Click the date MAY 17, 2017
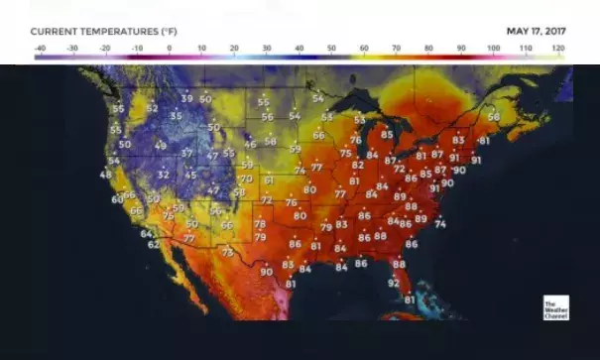[x=535, y=31]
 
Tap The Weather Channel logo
[x=555, y=307]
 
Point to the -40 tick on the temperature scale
[x=40, y=48]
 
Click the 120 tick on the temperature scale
[x=558, y=48]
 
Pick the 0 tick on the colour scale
[x=169, y=48]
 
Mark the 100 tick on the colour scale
[x=493, y=48]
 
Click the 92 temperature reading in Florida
[x=394, y=283]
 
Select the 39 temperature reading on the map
[x=186, y=98]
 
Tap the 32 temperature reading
[x=164, y=175]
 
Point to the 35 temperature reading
[x=177, y=116]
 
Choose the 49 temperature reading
[x=161, y=146]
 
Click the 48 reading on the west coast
[x=106, y=175]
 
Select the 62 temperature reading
[x=154, y=244]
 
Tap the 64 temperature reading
[x=146, y=234]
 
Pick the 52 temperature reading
[x=152, y=108]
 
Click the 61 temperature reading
[x=269, y=180]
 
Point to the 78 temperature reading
[x=260, y=225]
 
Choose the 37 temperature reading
[x=186, y=154]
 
